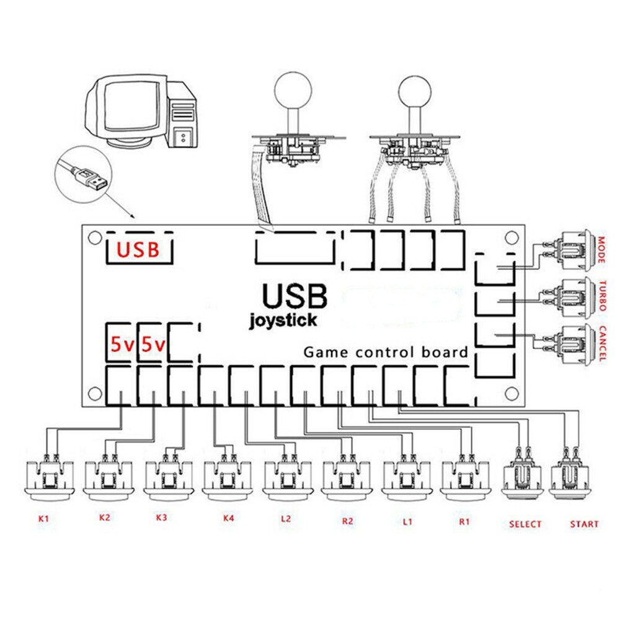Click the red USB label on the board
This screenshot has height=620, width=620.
pyautogui.click(x=138, y=249)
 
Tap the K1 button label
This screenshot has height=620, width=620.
pyautogui.click(x=43, y=518)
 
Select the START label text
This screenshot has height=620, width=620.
pyautogui.click(x=584, y=524)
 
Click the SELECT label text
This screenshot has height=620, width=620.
pyautogui.click(x=525, y=524)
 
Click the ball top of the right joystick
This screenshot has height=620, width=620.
pyautogui.click(x=412, y=90)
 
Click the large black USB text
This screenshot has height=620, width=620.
pyautogui.click(x=294, y=296)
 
